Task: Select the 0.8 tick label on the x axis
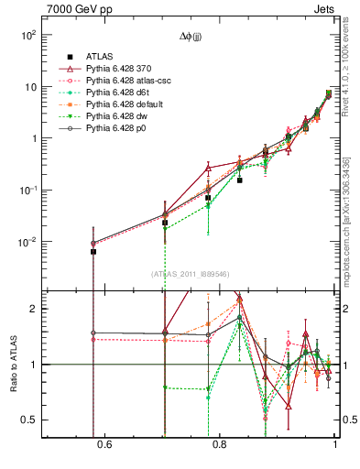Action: (220, 445)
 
